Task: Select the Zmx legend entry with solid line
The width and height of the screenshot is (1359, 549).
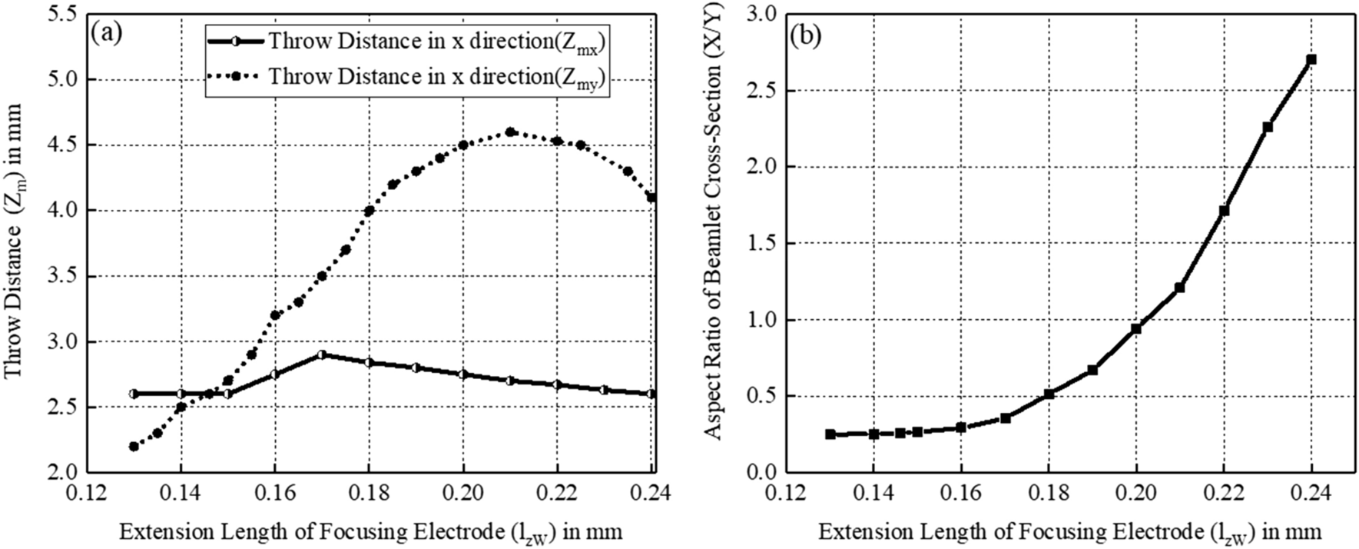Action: (407, 42)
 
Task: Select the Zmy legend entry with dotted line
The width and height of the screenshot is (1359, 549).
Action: (407, 77)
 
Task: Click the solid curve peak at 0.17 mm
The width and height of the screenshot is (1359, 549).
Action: (322, 354)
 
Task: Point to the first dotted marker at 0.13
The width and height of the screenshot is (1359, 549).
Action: (134, 446)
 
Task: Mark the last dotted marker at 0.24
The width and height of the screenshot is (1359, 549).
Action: (651, 198)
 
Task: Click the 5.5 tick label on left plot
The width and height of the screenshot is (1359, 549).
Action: (63, 14)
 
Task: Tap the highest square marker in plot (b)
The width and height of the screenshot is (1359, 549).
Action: (1311, 59)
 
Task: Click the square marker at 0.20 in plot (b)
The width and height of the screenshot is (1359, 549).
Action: (1136, 328)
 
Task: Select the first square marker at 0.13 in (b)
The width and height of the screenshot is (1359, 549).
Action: (830, 434)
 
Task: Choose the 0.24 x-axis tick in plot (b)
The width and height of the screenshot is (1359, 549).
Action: (1311, 492)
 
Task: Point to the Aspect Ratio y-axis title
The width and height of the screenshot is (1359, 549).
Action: (714, 242)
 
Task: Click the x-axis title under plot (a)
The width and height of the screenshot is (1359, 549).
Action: (370, 532)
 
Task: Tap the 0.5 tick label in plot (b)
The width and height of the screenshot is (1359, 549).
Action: (762, 396)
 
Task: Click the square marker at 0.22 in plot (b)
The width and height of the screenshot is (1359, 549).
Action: (1224, 210)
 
